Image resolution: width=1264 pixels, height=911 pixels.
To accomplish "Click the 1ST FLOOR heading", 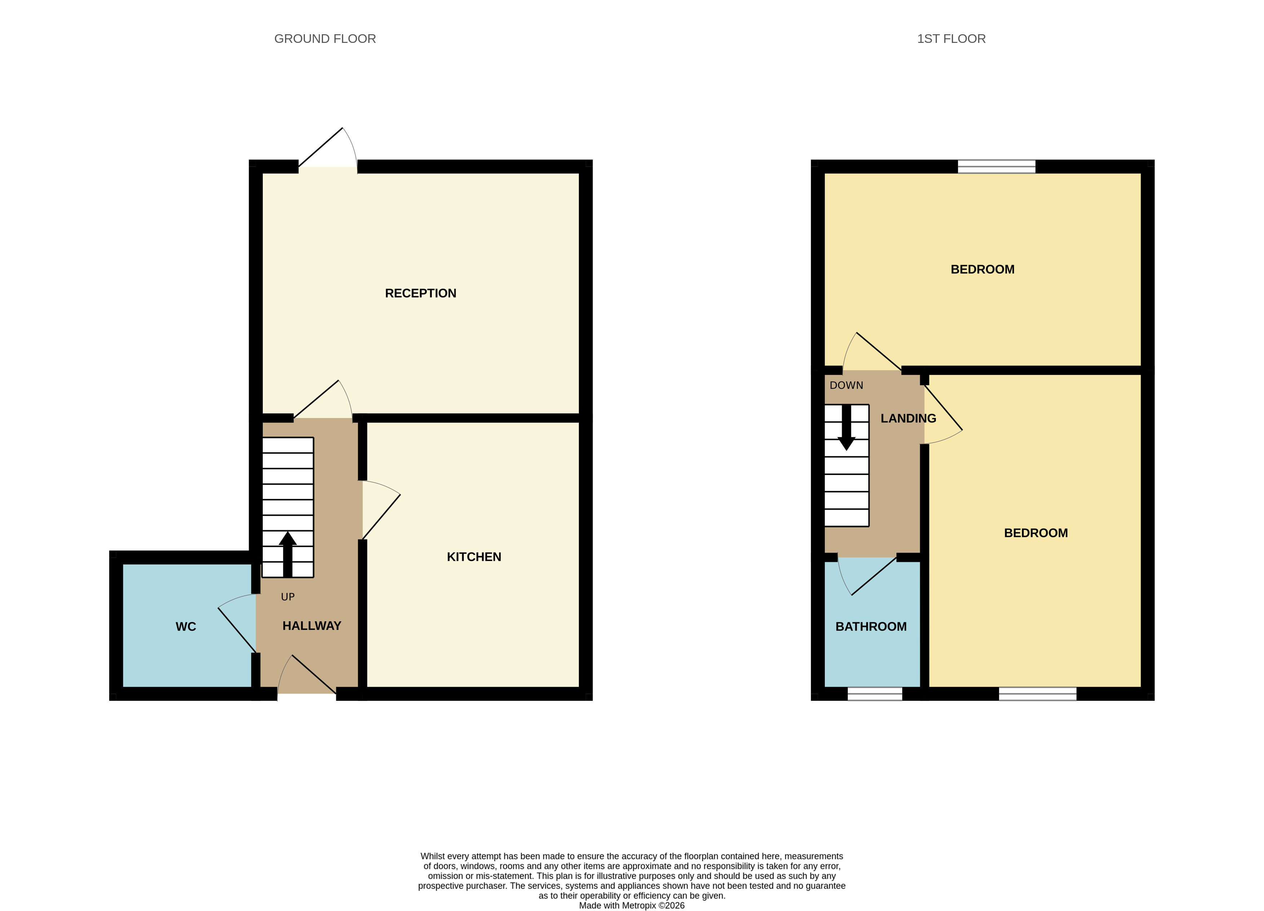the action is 952,39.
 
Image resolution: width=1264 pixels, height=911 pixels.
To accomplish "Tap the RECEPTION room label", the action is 421,293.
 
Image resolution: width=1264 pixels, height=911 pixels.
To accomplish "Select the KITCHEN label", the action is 474,557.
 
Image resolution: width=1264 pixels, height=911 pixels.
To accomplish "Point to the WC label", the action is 186,626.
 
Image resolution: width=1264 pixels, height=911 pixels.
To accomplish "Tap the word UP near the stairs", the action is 288,597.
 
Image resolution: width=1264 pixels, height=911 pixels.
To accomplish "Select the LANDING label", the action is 908,418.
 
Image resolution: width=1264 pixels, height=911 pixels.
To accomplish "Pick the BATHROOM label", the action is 871,626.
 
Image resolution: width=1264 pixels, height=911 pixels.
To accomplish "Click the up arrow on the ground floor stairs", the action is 288,554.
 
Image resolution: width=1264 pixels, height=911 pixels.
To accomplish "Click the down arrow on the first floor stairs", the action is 847,428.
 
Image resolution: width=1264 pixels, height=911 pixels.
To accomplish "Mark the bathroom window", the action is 875,694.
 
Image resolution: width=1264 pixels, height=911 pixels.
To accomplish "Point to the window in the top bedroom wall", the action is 997,166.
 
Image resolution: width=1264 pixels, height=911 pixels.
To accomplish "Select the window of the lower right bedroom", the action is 1038,694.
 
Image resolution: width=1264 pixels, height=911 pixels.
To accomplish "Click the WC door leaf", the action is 237,630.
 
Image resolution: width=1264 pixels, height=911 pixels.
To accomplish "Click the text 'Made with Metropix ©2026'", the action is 632,906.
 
